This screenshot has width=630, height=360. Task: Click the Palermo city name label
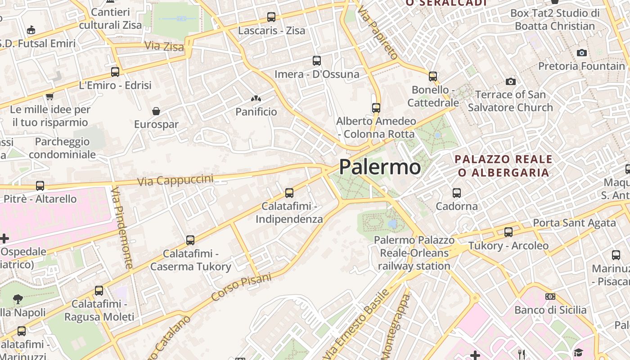pyautogui.click(x=380, y=167)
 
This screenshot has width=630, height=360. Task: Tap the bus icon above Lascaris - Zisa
pyautogui.click(x=271, y=17)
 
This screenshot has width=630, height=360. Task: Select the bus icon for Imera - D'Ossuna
pyautogui.click(x=317, y=60)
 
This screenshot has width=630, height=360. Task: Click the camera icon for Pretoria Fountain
pyautogui.click(x=582, y=53)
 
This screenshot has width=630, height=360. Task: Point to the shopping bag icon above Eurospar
pyautogui.click(x=156, y=111)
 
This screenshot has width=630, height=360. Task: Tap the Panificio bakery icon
pyautogui.click(x=256, y=98)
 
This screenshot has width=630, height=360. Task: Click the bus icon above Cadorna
pyautogui.click(x=457, y=193)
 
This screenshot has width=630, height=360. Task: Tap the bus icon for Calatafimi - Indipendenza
pyautogui.click(x=289, y=193)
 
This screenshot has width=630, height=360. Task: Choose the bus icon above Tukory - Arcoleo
pyautogui.click(x=508, y=232)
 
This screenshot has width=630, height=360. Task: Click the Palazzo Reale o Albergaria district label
pyautogui.click(x=504, y=166)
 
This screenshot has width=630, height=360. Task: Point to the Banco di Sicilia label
pyautogui.click(x=550, y=310)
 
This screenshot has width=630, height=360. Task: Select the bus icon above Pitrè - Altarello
pyautogui.click(x=40, y=185)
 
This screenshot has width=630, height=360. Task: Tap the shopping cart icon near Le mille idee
pyautogui.click(x=50, y=96)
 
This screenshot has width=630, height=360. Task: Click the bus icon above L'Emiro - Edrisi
pyautogui.click(x=115, y=72)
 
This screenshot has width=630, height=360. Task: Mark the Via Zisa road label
pyautogui.click(x=164, y=46)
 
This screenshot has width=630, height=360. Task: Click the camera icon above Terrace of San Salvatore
pyautogui.click(x=510, y=81)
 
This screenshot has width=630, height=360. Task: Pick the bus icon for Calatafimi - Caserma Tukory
pyautogui.click(x=190, y=240)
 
